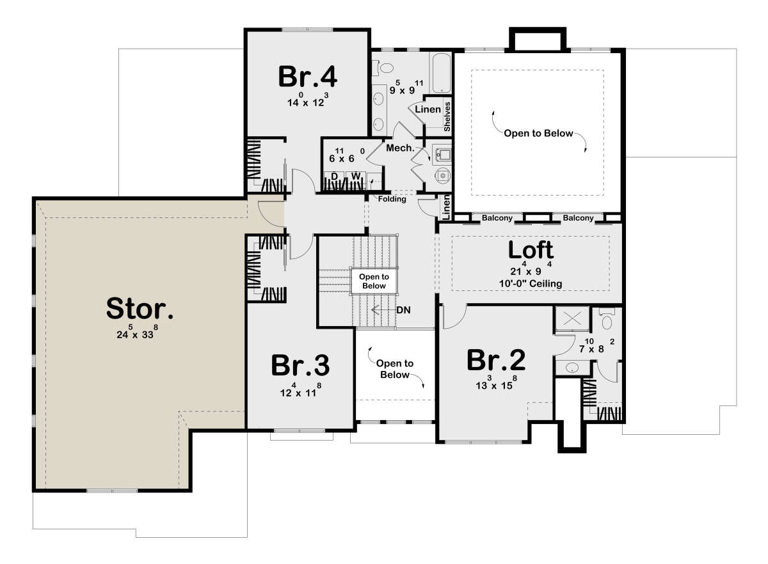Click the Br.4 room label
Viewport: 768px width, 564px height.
pyautogui.click(x=308, y=76)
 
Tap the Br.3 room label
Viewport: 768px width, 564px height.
pyautogui.click(x=300, y=365)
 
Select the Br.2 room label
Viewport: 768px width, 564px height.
pyautogui.click(x=496, y=360)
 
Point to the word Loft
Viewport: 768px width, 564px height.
pyautogui.click(x=531, y=250)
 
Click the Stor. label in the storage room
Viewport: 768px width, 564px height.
pyautogui.click(x=140, y=308)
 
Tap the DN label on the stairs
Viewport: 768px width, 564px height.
pyautogui.click(x=403, y=310)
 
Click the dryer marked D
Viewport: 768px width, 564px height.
pyautogui.click(x=335, y=176)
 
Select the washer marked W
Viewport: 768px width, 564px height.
pyautogui.click(x=356, y=176)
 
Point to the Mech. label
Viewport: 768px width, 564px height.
pyautogui.click(x=400, y=148)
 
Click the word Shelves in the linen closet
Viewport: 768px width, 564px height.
pyautogui.click(x=447, y=116)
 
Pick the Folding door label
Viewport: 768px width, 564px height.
pyautogui.click(x=392, y=199)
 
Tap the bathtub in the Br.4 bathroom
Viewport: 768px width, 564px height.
pyautogui.click(x=441, y=73)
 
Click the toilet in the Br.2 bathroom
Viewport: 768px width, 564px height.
pyautogui.click(x=607, y=319)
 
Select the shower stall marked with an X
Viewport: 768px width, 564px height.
pyautogui.click(x=572, y=318)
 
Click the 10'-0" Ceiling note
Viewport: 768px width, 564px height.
pyautogui.click(x=531, y=284)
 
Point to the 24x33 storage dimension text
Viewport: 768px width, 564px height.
pyautogui.click(x=137, y=333)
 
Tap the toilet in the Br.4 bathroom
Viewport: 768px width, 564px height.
pyautogui.click(x=383, y=68)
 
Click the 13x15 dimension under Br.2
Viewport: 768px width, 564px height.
pyautogui.click(x=496, y=383)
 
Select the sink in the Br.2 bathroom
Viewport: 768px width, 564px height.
pyautogui.click(x=572, y=368)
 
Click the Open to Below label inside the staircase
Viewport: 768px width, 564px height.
pyautogui.click(x=374, y=281)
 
